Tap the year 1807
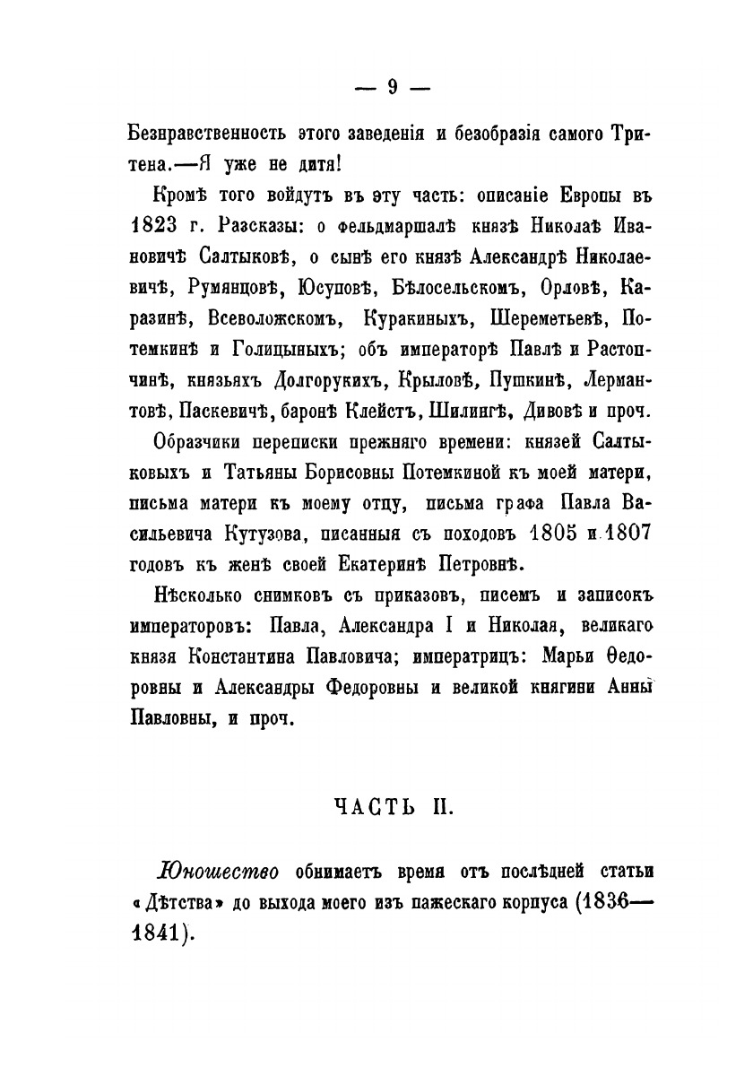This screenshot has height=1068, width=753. [x=616, y=534]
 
